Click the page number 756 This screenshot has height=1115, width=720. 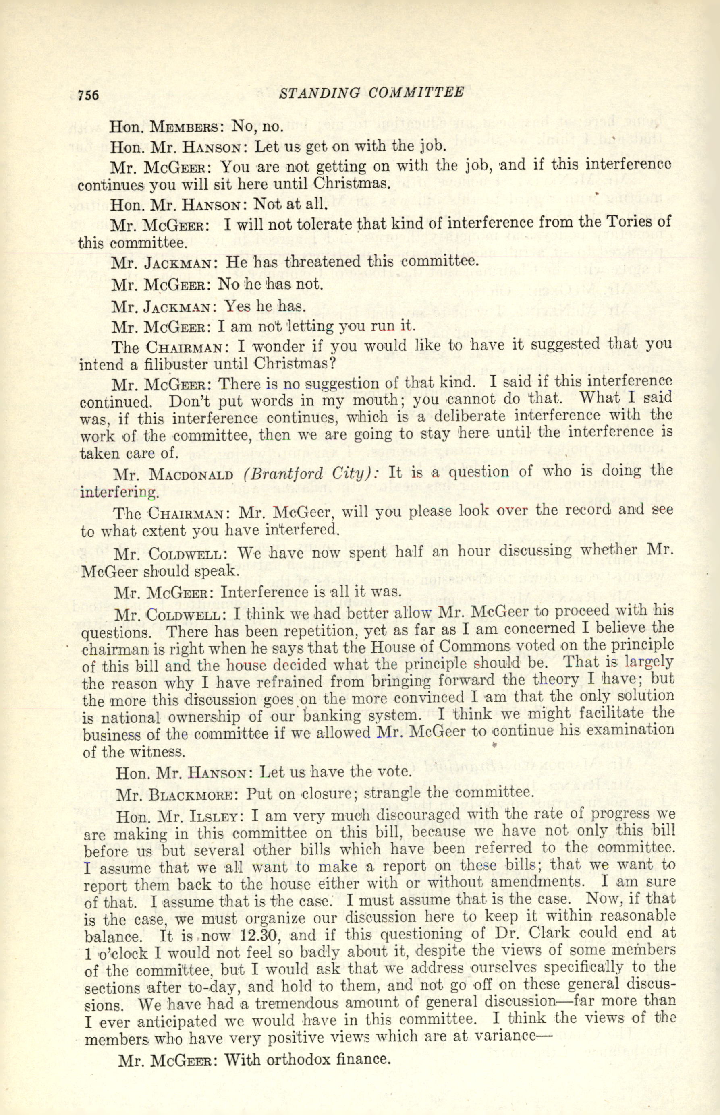coord(88,95)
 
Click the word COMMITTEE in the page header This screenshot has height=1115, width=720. coord(416,92)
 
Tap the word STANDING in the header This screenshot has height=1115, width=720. coord(320,93)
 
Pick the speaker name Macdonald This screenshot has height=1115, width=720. coord(191,475)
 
